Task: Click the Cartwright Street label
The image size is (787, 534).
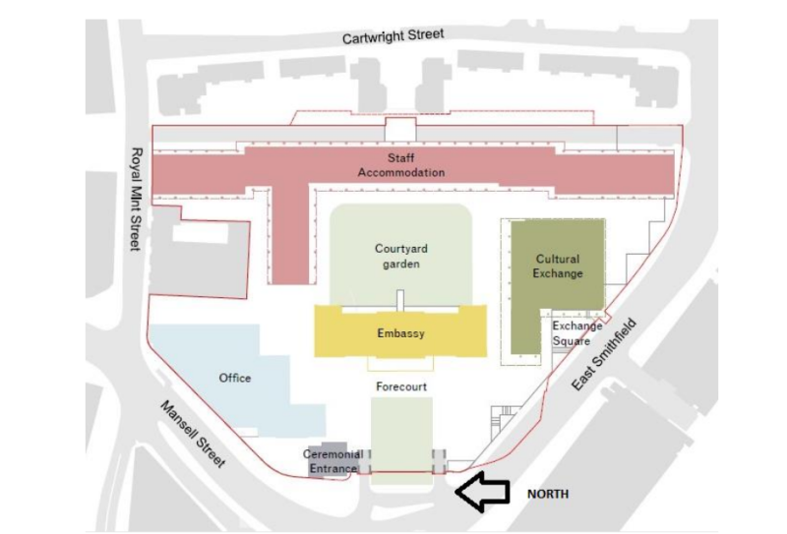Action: (393, 35)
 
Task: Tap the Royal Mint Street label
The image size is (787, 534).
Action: (137, 200)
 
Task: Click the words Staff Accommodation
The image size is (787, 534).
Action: (400, 165)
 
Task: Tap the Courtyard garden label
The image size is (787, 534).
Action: (400, 256)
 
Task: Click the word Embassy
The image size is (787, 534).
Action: (400, 334)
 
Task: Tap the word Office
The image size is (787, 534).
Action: (235, 378)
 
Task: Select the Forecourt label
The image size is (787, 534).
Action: (401, 387)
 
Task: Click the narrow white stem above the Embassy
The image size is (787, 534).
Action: (400, 300)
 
